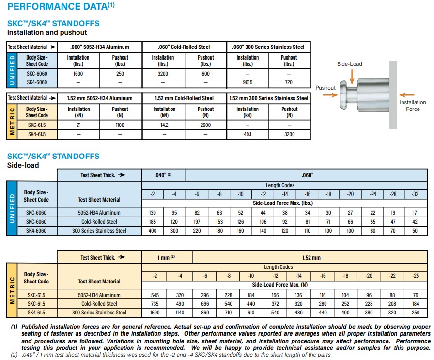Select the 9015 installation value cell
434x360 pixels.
(248, 83)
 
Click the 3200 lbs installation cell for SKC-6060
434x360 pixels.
(163, 74)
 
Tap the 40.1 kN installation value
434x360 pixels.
(248, 134)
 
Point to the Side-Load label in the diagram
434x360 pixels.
(349, 63)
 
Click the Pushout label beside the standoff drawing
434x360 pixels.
(325, 88)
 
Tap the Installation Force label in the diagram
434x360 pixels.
(413, 106)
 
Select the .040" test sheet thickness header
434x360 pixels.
(163, 175)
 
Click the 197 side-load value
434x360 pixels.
(197, 221)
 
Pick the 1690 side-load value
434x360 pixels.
(155, 313)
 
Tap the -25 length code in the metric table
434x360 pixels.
(416, 276)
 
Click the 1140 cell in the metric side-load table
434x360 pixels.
(180, 313)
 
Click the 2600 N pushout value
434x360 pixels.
(205, 125)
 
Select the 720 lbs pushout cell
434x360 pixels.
(289, 83)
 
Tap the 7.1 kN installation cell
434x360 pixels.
(78, 125)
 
